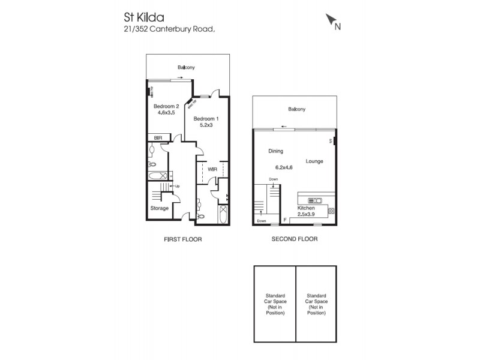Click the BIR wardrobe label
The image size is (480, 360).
(158, 137)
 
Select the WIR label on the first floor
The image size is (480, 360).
(212, 170)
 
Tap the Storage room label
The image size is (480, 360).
(159, 208)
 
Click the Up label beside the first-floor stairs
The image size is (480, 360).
(177, 186)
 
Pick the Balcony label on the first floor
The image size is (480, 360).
(186, 68)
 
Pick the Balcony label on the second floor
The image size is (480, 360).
(296, 109)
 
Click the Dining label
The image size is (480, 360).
(275, 151)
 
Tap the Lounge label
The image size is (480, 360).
(315, 161)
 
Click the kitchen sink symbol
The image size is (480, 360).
(314, 200)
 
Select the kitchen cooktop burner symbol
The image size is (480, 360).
(331, 210)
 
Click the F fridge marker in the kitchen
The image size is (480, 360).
(284, 220)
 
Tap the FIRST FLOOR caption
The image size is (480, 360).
(182, 239)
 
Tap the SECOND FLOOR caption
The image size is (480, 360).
(293, 239)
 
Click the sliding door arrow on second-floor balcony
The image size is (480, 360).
(284, 127)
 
